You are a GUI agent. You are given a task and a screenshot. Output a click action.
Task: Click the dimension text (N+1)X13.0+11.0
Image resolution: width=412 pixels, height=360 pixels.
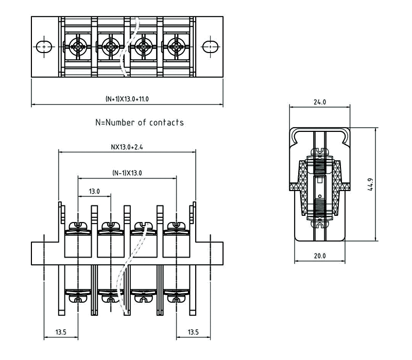pyautogui.click(x=127, y=98)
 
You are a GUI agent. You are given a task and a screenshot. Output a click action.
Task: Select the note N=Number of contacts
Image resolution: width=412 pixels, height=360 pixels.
pyautogui.click(x=140, y=123)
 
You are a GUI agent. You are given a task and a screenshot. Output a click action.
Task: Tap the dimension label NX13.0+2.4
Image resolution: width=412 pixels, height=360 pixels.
pyautogui.click(x=127, y=147)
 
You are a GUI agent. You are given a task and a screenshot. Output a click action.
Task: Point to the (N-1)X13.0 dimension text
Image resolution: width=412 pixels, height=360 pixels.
pyautogui.click(x=127, y=173)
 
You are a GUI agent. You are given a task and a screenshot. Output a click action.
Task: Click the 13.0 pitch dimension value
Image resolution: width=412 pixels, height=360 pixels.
pyautogui.click(x=94, y=192)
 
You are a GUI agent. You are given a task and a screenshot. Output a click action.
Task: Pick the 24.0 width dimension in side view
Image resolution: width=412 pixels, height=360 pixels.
pyautogui.click(x=320, y=102)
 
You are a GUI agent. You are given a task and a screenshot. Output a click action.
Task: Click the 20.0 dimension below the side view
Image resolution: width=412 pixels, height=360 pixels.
pyautogui.click(x=320, y=256)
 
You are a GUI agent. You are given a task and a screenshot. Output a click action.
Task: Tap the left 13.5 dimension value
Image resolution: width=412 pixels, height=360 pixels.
pyautogui.click(x=61, y=332)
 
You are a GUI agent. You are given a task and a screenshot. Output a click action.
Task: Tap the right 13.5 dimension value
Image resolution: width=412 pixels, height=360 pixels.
pyautogui.click(x=193, y=332)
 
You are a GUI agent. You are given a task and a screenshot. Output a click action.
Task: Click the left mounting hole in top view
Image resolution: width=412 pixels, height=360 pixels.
pyautogui.click(x=45, y=46)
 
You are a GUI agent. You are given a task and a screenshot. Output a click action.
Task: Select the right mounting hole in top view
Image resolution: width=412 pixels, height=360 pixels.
pyautogui.click(x=210, y=46)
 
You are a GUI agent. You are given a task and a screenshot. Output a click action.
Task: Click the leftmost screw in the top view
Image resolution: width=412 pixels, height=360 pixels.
pyautogui.click(x=78, y=46)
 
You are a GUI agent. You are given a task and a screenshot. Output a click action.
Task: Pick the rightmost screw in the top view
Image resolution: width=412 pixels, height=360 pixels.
pyautogui.click(x=177, y=46)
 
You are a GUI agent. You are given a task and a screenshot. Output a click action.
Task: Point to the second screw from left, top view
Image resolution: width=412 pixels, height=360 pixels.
pyautogui.click(x=111, y=46)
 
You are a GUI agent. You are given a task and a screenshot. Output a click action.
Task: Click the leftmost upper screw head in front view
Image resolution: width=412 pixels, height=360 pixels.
pyautogui.click(x=78, y=226)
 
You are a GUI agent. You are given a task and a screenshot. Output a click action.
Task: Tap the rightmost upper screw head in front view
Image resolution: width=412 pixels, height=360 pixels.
pyautogui.click(x=177, y=226)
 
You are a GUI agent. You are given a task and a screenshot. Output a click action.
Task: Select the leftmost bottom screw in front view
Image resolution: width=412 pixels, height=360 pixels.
pyautogui.click(x=78, y=298)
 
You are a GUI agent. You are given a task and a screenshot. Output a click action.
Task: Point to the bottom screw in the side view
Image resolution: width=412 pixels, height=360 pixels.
pyautogui.click(x=320, y=225)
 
